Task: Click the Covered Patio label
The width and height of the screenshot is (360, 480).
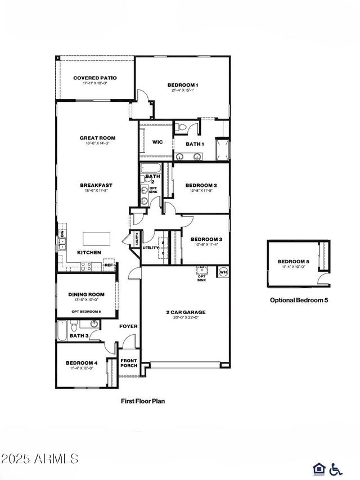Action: coord(95,78)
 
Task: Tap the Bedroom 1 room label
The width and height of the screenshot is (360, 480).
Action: coord(183,85)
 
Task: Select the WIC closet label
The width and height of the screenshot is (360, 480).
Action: coord(157,142)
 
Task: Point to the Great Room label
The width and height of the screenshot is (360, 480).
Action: coord(97,138)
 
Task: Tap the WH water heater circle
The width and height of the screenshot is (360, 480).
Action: coord(223,272)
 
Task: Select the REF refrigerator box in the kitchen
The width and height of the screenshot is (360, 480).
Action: coord(109,266)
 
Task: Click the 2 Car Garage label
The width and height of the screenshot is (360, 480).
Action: coord(186,312)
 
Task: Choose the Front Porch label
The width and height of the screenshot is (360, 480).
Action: coord(128,362)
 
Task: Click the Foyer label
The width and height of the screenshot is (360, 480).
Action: coord(128,326)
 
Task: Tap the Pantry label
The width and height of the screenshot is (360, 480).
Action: coord(135,239)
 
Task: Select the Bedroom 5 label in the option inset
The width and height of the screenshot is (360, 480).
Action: coord(293,262)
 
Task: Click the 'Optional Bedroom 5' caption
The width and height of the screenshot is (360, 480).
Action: coord(299,300)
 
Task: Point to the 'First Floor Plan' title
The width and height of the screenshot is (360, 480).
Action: coord(143,401)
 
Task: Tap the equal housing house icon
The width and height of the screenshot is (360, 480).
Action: coord(318,468)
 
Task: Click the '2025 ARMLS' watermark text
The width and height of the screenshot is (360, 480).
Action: coord(39,459)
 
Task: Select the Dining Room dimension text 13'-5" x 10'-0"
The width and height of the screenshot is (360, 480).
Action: coord(87,300)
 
